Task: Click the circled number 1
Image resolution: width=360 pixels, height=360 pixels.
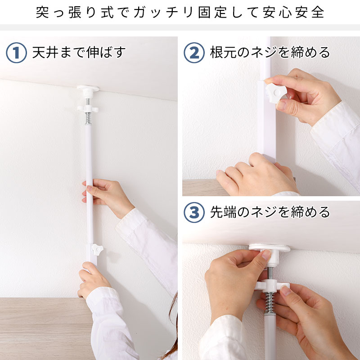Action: point(16,53)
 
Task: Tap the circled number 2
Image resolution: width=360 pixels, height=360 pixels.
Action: point(194,53)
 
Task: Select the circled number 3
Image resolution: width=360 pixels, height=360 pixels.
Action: point(194,212)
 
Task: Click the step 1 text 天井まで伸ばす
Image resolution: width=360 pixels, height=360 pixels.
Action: point(79,52)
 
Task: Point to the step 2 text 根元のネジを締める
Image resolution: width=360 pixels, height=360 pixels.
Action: point(270,52)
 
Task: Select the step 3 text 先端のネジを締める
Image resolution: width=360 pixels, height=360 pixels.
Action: point(270,212)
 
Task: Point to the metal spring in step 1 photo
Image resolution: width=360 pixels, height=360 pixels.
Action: point(88,118)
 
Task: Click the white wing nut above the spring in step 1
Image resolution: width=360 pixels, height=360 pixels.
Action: point(88,108)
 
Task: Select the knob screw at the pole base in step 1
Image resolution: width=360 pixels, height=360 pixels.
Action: point(97,250)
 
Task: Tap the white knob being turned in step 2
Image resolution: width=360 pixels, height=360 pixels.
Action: point(276,93)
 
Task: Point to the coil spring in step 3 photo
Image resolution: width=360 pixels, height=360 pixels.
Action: point(269,302)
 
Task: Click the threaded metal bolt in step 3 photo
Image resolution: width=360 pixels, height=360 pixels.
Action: point(270,273)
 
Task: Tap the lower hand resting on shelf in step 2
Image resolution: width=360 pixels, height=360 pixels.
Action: point(256,175)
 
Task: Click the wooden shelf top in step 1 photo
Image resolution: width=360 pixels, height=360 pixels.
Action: point(46,328)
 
